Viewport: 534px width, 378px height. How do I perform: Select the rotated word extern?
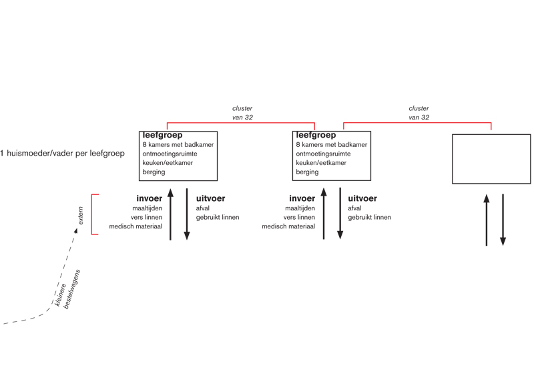click(x=81, y=216)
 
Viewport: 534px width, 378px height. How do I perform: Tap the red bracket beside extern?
click(x=92, y=214)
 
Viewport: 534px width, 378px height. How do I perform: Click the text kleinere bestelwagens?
click(x=67, y=290)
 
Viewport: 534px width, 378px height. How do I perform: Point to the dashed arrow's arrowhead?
click(x=76, y=231)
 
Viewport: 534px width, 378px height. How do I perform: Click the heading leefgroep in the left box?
click(x=162, y=135)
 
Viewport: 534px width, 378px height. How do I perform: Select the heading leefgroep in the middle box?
click(x=316, y=135)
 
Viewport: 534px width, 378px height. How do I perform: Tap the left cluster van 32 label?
click(x=242, y=113)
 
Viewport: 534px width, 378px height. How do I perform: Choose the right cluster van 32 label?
click(x=419, y=113)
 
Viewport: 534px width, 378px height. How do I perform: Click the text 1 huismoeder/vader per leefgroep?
click(x=62, y=154)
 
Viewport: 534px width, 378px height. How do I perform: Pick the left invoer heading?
click(x=149, y=198)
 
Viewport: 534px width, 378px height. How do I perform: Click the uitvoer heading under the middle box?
click(x=362, y=198)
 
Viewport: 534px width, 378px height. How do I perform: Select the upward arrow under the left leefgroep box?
click(x=171, y=214)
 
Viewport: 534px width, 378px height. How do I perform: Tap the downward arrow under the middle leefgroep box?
click(x=340, y=213)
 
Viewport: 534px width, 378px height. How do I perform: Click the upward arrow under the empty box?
click(x=487, y=220)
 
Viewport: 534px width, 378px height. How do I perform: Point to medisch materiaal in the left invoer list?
click(x=136, y=226)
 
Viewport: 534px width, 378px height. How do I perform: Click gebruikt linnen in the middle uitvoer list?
click(x=370, y=217)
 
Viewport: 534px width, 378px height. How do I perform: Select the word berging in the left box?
click(x=154, y=172)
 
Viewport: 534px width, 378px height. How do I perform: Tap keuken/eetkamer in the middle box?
click(x=321, y=162)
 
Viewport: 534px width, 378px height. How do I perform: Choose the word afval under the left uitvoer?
click(x=203, y=208)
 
